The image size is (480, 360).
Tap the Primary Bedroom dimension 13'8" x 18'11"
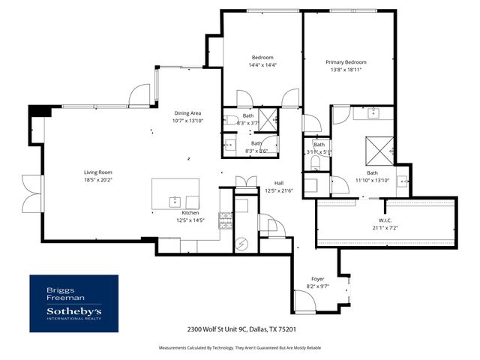point(346,70)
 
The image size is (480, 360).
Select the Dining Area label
point(187,112)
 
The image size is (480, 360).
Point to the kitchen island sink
point(175,200)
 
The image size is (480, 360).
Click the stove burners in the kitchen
point(225,220)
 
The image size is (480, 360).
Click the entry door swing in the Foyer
point(305,301)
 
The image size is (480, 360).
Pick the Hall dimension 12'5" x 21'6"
point(278,190)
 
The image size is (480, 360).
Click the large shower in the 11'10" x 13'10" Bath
point(378,149)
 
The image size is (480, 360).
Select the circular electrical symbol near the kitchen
point(242,242)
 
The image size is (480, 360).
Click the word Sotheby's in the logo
point(74,310)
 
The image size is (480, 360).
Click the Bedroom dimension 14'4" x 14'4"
point(262,65)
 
